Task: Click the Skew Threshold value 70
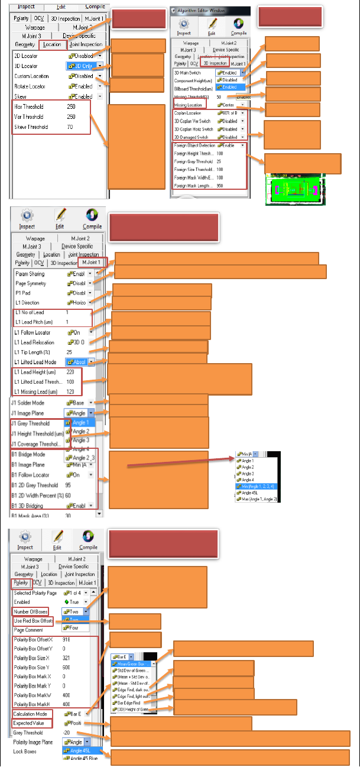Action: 70,127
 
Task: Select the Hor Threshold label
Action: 29,106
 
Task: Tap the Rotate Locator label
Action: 31,86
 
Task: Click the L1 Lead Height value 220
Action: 70,373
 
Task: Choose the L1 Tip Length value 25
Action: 69,352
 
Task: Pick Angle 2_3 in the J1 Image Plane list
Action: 83,458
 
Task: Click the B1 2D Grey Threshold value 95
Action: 69,486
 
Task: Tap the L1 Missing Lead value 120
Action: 70,391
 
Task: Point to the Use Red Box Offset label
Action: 33,621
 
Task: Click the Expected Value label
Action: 31,723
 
